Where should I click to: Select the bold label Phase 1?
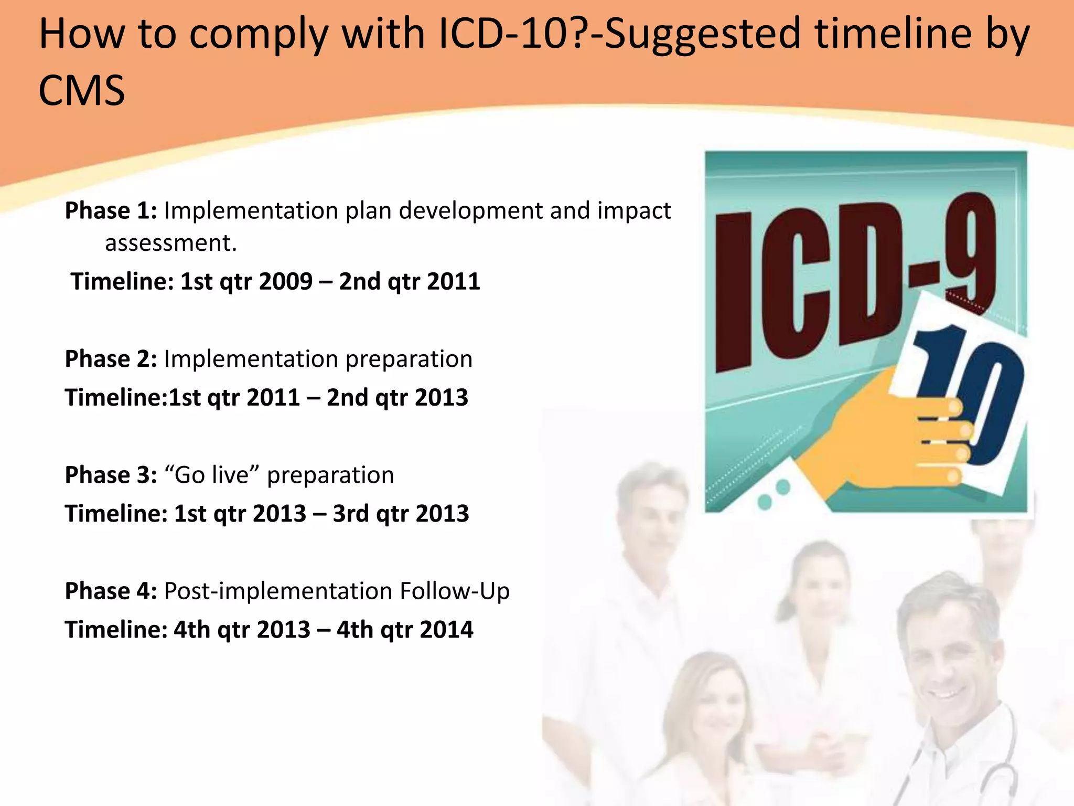111,210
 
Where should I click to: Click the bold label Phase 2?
111,359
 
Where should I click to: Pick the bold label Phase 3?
111,475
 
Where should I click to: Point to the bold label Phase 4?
111,591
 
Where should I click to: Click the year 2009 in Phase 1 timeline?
286,281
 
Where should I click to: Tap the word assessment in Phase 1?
170,243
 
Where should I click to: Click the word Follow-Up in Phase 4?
454,591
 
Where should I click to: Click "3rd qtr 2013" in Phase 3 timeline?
401,513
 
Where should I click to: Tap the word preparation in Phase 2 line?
409,359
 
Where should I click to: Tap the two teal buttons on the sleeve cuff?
774,494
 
